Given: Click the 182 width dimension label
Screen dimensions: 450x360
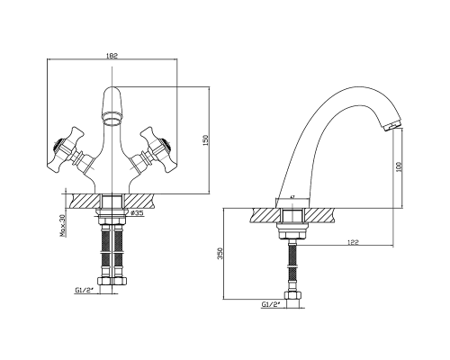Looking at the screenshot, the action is (112, 56).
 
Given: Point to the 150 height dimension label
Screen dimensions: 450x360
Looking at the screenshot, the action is (205, 139).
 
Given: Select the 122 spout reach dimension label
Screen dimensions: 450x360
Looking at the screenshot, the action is (355, 242).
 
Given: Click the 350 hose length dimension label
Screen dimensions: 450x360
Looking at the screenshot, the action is (221, 254).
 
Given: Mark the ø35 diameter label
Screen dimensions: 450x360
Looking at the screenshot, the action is (138, 213).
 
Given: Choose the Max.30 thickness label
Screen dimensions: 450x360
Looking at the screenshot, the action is (63, 226).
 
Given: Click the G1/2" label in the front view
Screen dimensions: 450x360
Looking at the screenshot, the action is (83, 290).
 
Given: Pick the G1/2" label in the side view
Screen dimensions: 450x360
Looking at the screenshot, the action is (271, 304).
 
